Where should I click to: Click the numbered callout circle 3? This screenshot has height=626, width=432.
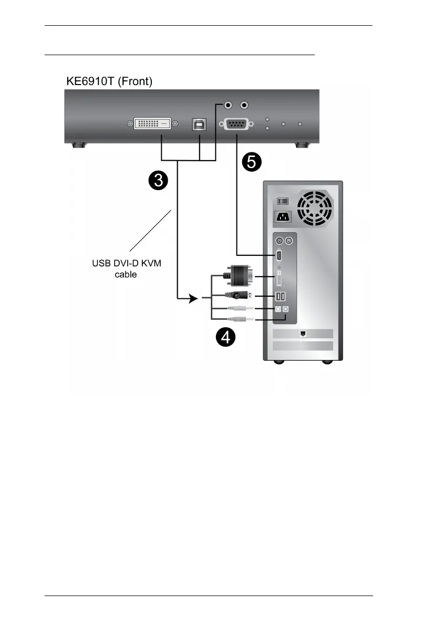(157, 182)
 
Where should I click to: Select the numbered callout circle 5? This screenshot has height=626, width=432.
(251, 162)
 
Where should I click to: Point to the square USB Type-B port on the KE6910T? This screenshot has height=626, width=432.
(200, 124)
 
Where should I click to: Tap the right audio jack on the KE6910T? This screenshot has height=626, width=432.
(244, 106)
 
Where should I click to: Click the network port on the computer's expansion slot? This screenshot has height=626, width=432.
(303, 333)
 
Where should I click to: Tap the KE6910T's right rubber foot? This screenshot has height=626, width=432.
(302, 145)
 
